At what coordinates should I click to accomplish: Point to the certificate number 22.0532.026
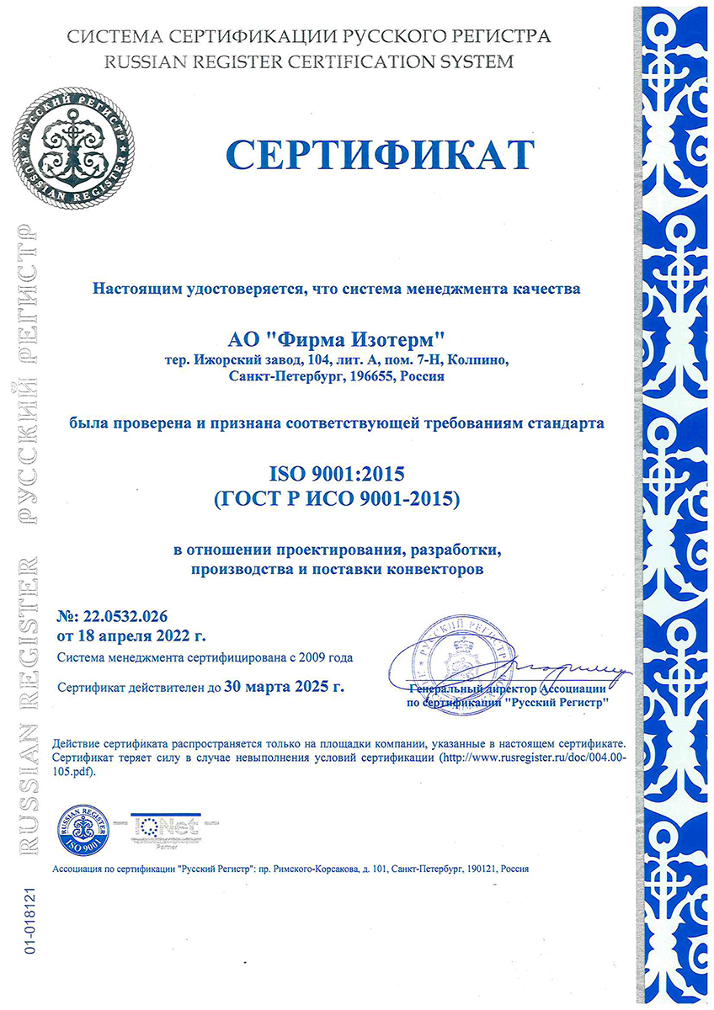pos(130,616)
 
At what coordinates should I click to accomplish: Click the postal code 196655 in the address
pos(374,376)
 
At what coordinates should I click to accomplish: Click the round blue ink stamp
pos(456,657)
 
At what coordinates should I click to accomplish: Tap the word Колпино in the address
pos(477,360)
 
